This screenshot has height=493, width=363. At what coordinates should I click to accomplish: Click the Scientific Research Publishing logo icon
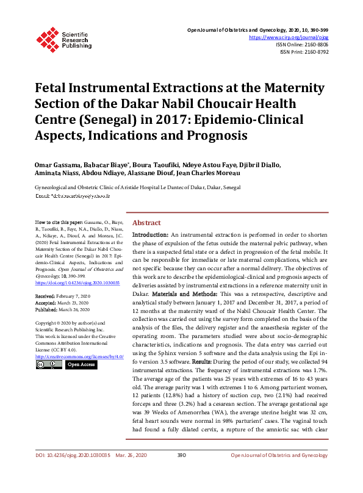46,38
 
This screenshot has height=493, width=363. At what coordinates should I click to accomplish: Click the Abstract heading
146,223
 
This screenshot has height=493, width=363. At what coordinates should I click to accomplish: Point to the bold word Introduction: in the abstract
150,235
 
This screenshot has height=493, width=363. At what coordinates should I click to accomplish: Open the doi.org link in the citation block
77,283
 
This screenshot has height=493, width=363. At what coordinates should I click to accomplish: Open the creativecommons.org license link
80,355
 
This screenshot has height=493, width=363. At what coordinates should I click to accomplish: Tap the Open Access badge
81,364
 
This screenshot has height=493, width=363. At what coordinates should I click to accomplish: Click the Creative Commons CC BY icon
49,364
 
